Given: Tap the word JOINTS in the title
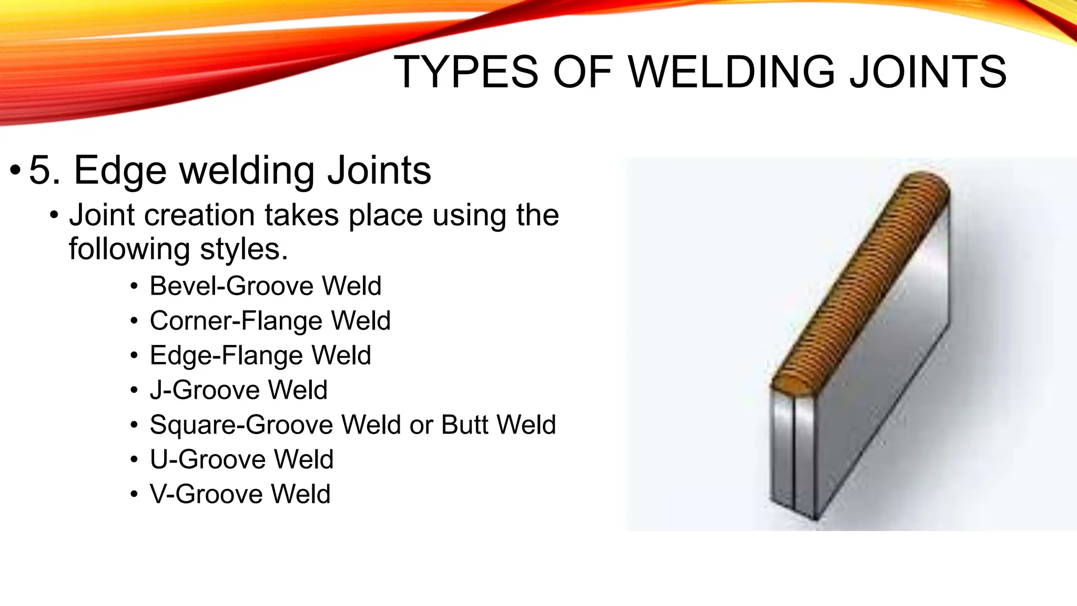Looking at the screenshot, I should coord(928,72).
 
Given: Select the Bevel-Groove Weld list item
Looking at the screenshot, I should coord(265,286).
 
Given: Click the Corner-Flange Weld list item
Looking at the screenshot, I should coord(270,321).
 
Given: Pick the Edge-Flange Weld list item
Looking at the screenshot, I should coord(260,356).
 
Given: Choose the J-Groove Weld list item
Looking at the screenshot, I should coord(238,390).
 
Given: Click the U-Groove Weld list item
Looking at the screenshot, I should coord(241,459).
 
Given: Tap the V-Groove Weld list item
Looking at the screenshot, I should coord(240,494).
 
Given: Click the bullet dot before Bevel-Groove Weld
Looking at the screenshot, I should coord(135,287).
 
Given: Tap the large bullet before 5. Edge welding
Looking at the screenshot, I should coord(15,170).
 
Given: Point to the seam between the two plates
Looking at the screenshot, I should coord(792,452).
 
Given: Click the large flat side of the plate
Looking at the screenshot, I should coord(883,358).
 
